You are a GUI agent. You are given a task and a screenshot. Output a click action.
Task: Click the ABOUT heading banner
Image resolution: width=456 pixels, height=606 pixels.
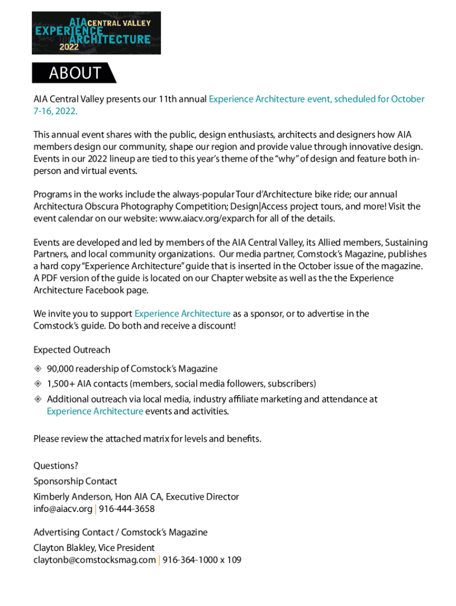75,73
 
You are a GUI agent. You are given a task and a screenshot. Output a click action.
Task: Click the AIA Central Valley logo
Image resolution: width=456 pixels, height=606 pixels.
97,33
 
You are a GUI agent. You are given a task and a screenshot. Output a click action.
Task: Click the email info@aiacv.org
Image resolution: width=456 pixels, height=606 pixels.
63,509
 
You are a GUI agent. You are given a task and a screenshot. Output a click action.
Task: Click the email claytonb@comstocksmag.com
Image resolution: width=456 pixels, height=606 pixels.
95,560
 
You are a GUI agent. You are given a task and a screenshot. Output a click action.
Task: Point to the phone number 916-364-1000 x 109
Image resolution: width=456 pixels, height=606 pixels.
202,560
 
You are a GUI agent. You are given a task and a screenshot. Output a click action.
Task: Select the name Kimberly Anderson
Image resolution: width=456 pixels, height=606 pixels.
69,497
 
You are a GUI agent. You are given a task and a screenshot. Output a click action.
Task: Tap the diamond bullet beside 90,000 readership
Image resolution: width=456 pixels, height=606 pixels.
38,369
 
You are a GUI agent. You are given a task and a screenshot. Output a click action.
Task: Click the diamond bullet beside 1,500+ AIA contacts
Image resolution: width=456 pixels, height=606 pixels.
38,383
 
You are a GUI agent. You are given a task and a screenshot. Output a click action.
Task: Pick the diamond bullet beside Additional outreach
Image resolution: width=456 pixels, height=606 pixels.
38,399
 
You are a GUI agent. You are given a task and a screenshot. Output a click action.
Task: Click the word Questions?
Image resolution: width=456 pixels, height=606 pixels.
56,466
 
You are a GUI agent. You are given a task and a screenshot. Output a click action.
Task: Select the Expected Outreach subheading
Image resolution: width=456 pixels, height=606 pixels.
72,350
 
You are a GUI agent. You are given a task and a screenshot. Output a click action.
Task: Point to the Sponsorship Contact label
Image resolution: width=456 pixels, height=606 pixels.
75,481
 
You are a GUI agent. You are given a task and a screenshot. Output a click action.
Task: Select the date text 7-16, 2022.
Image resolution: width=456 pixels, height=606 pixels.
55,111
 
